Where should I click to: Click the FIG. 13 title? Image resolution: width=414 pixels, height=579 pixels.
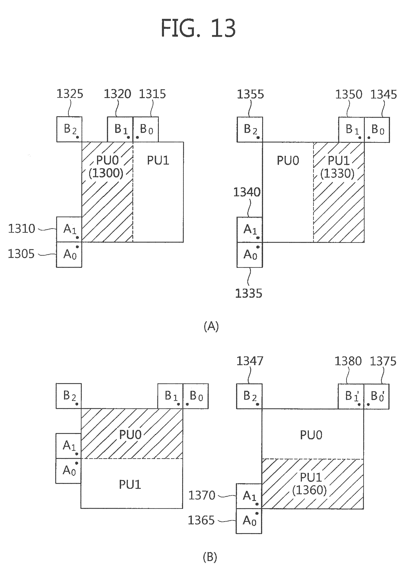(x=198, y=28)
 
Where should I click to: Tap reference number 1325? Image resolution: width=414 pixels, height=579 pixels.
(x=70, y=94)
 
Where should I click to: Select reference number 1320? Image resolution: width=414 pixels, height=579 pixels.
(x=117, y=94)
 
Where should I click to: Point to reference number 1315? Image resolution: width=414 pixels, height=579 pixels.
(x=153, y=94)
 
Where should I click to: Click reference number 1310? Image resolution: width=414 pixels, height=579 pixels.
(x=22, y=228)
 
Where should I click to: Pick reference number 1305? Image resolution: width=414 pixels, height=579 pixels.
(x=21, y=254)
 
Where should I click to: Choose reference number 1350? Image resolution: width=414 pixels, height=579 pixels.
(x=348, y=94)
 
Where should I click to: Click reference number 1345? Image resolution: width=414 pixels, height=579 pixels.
(x=384, y=94)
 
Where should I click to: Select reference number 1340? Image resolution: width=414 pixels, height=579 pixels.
(x=247, y=192)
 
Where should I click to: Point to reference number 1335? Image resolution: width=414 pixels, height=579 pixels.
(x=248, y=293)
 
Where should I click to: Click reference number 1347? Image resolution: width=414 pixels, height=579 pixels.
(x=250, y=361)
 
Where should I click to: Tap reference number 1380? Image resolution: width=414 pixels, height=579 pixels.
(x=348, y=361)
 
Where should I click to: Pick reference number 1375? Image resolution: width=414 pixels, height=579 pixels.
(x=383, y=361)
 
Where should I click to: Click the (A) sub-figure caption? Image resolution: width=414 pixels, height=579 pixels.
(x=211, y=326)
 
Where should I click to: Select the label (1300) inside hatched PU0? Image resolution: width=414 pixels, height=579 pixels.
(x=106, y=173)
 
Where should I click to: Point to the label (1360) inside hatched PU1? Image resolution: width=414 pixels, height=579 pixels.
(x=310, y=490)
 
